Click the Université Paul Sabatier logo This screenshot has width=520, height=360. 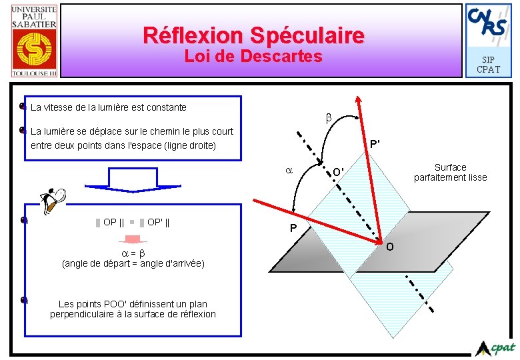(x=34, y=40)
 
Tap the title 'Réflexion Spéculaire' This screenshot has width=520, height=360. (x=254, y=35)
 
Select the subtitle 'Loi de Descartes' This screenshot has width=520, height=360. (x=253, y=57)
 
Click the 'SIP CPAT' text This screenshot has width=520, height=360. (x=488, y=65)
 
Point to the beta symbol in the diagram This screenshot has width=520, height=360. (x=328, y=118)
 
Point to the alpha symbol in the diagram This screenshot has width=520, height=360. (x=289, y=171)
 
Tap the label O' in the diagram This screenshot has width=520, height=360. (x=339, y=172)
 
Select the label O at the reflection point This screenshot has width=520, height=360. (x=390, y=247)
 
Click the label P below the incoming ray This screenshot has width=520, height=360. (x=293, y=229)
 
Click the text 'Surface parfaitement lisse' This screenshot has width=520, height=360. (x=450, y=172)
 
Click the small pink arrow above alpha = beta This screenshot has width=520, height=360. (x=132, y=240)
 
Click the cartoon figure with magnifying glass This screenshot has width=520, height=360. (x=52, y=201)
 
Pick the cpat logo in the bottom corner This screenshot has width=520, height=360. (x=497, y=347)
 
